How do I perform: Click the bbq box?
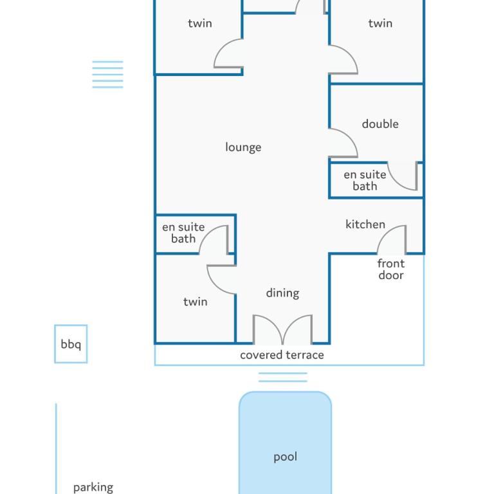click(x=71, y=343)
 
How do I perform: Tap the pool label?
click(x=285, y=457)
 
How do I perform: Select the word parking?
click(x=93, y=488)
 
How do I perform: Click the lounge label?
click(x=243, y=147)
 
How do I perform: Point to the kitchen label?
click(x=365, y=224)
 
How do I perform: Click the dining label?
click(x=282, y=293)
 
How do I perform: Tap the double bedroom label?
click(x=380, y=123)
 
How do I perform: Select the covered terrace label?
click(x=282, y=355)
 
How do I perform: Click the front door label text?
click(x=390, y=270)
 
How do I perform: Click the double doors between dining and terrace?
click(x=282, y=329)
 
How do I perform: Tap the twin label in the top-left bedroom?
click(x=200, y=23)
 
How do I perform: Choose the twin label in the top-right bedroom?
click(x=380, y=23)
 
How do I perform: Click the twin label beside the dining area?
click(x=196, y=302)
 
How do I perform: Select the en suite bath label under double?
click(x=365, y=181)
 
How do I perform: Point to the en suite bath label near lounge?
click(x=183, y=233)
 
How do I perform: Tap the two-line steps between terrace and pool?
click(x=282, y=377)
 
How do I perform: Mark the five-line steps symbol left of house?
click(x=108, y=75)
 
